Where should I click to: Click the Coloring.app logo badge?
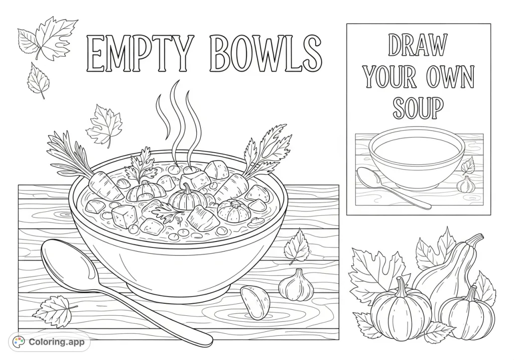tap(50, 342)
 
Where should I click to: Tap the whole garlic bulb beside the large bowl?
tap(296, 285)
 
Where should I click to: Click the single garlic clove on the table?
tap(255, 302)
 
